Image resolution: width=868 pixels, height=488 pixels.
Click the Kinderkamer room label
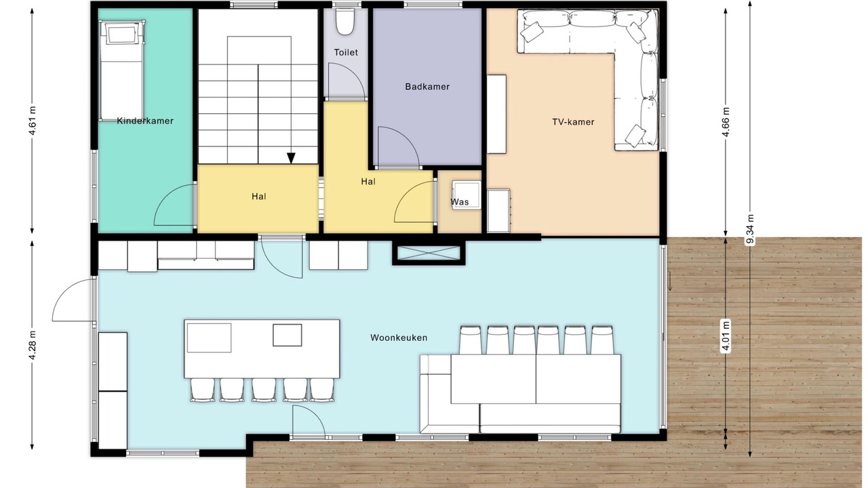pyautogui.click(x=145, y=121)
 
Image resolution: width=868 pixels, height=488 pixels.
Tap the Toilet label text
pyautogui.click(x=346, y=52)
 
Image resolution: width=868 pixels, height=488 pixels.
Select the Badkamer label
pyautogui.click(x=427, y=87)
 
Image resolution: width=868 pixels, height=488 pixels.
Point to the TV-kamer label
pyautogui.click(x=573, y=122)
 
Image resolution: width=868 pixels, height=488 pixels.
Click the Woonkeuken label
pyautogui.click(x=399, y=338)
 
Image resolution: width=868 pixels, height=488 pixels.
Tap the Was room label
pyautogui.click(x=460, y=202)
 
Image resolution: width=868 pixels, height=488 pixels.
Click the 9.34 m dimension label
pyautogui.click(x=750, y=229)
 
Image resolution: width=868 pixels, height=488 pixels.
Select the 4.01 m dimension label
pyautogui.click(x=726, y=335)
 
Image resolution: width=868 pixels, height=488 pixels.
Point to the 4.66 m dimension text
pyautogui.click(x=726, y=122)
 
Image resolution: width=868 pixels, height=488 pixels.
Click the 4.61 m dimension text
pyautogui.click(x=32, y=121)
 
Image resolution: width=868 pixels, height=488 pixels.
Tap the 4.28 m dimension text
pyautogui.click(x=32, y=345)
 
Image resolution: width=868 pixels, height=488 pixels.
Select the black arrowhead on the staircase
pyautogui.click(x=291, y=158)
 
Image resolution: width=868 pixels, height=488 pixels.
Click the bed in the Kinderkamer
pyautogui.click(x=122, y=70)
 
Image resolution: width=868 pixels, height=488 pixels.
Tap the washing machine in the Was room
pyautogui.click(x=466, y=195)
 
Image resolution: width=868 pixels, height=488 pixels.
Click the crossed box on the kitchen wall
pyautogui.click(x=429, y=253)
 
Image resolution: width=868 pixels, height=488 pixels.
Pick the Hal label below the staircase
pyautogui.click(x=259, y=197)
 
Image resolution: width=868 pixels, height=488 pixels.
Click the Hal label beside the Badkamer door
pyautogui.click(x=368, y=182)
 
